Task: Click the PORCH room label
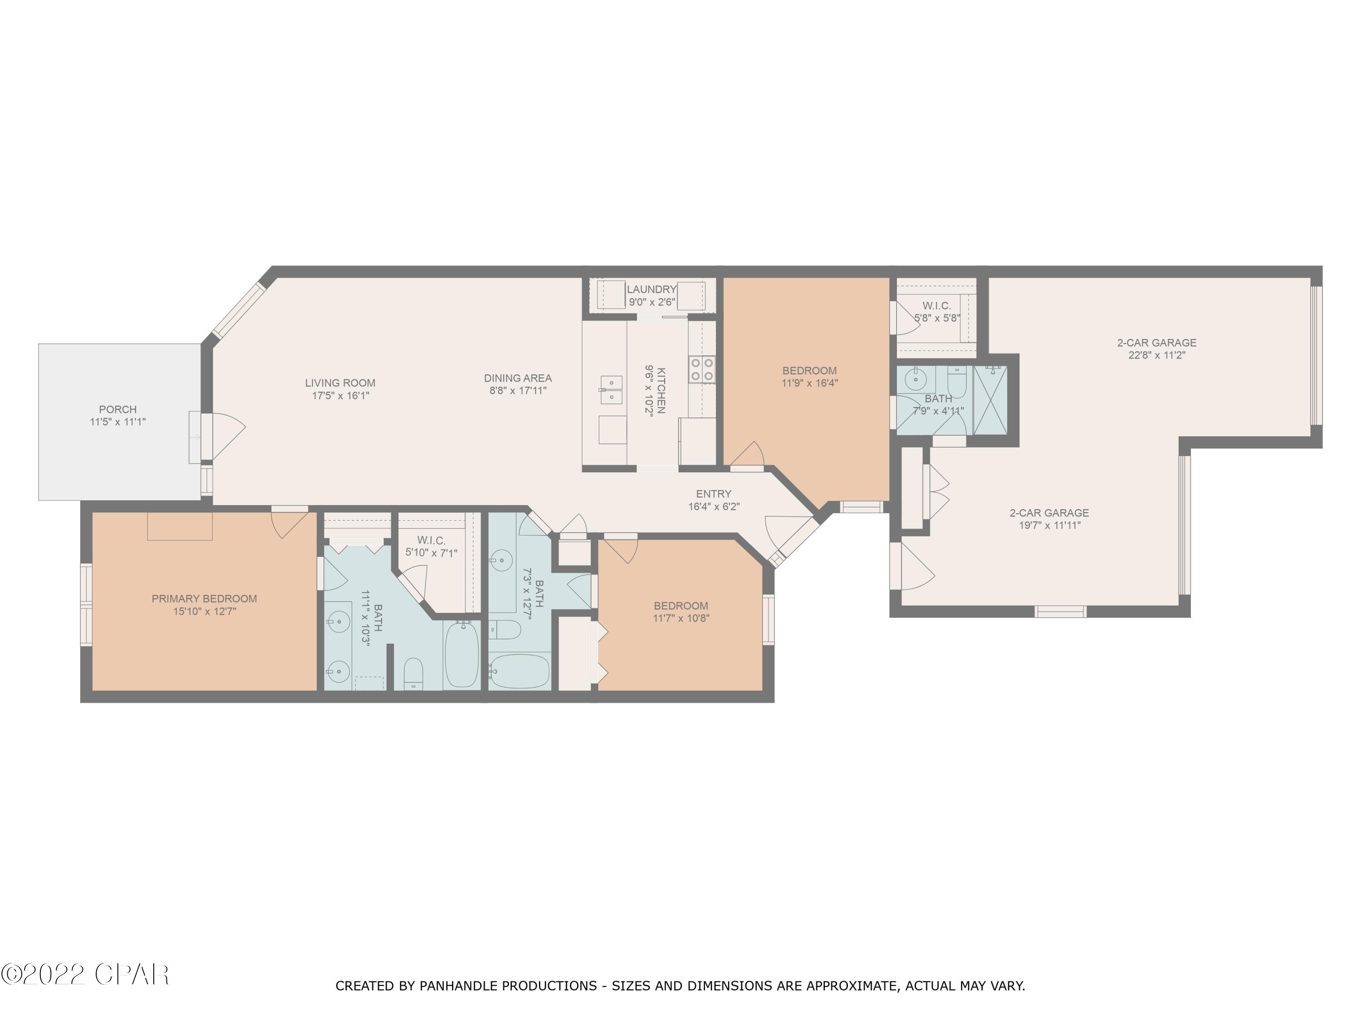click(x=117, y=410)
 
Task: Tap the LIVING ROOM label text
click(x=340, y=383)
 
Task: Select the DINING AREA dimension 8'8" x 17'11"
click(x=518, y=390)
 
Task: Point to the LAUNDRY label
click(x=651, y=289)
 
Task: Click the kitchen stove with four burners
click(x=702, y=369)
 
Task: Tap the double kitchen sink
click(x=611, y=389)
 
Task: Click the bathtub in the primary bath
click(x=461, y=654)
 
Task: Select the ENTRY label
click(x=714, y=494)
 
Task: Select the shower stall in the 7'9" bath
click(x=990, y=400)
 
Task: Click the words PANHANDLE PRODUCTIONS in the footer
click(x=508, y=986)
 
